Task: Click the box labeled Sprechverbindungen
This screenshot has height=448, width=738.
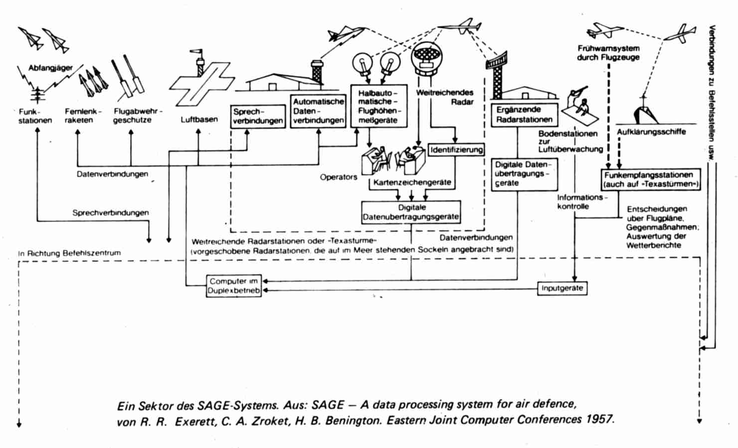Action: coord(258,116)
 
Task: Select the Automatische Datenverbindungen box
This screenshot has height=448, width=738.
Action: coord(318,111)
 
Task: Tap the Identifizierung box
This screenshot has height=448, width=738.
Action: coord(456,150)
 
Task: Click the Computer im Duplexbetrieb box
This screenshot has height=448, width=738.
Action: coord(234,286)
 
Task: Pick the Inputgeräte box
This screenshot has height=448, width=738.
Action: coord(562,288)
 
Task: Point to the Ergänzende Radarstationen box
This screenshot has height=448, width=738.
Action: coord(525,115)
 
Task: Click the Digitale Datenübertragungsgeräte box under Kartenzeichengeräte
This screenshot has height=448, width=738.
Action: coord(411,212)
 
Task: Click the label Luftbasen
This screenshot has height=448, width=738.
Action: coord(199,120)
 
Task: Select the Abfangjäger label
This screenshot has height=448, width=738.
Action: coord(50,68)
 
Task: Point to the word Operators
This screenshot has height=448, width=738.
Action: coord(338,177)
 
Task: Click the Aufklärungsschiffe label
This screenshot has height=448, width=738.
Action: coord(651,132)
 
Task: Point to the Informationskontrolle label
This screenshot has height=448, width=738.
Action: coord(582,202)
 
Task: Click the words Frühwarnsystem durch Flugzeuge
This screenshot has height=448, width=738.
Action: coord(608,53)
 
